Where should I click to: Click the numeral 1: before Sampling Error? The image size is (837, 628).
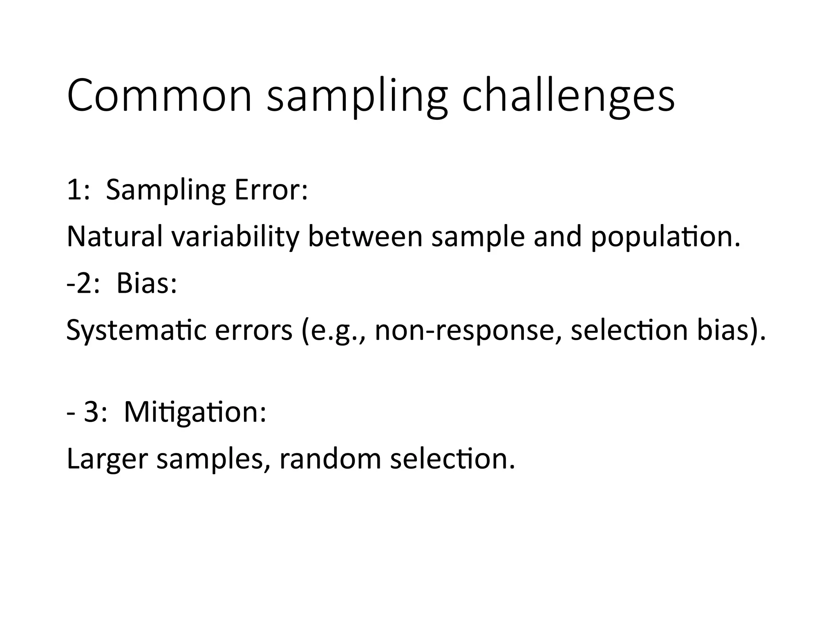tap(78, 190)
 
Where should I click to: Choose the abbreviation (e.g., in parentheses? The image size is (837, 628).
tap(333, 330)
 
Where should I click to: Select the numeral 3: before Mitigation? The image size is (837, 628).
tap(95, 412)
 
